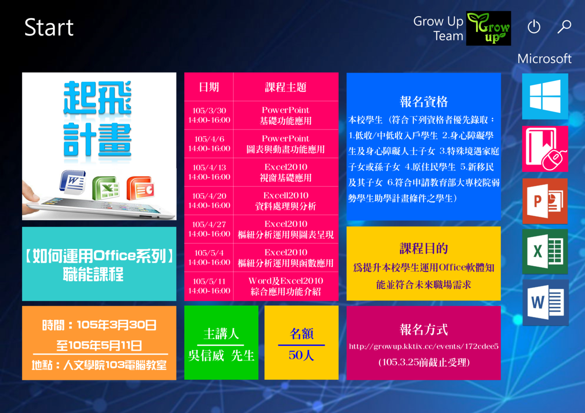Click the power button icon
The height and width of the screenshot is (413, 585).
pyautogui.click(x=534, y=26)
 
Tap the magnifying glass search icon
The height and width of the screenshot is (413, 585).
pyautogui.click(x=564, y=27)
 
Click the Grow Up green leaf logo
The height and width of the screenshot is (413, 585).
pyautogui.click(x=488, y=28)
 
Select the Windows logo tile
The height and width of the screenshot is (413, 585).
pyautogui.click(x=545, y=96)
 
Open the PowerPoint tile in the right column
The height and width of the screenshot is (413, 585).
pyautogui.click(x=545, y=201)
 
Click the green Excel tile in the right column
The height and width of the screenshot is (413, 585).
pyautogui.click(x=545, y=251)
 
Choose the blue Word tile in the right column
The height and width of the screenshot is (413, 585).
pyautogui.click(x=546, y=302)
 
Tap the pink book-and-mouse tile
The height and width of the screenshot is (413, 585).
pyautogui.click(x=545, y=149)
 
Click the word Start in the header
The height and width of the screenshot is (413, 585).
pyautogui.click(x=49, y=27)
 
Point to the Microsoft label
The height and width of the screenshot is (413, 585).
pyautogui.click(x=544, y=59)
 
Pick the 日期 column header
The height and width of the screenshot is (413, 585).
pyautogui.click(x=209, y=87)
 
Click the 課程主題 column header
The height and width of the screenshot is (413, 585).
pyautogui.click(x=286, y=87)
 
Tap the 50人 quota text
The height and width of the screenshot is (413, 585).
pyautogui.click(x=301, y=355)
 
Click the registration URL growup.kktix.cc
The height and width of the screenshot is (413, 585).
pyautogui.click(x=424, y=346)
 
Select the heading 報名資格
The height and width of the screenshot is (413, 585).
pyautogui.click(x=424, y=101)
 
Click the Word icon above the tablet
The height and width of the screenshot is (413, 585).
pyautogui.click(x=73, y=182)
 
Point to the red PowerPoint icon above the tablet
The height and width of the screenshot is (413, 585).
pyautogui.click(x=140, y=188)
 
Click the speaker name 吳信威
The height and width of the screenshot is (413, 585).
pyautogui.click(x=206, y=356)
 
